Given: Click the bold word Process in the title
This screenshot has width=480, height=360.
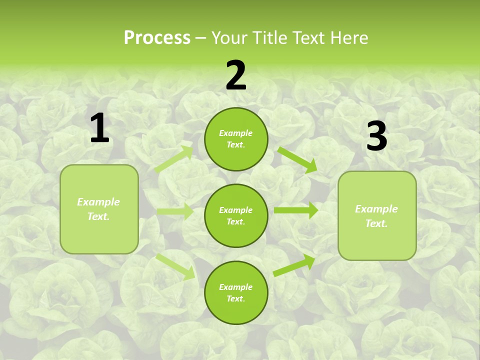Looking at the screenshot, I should pos(157,37).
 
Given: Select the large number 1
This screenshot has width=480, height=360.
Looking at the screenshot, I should pos(99,128).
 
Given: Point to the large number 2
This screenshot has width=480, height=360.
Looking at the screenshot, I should pos(236,75).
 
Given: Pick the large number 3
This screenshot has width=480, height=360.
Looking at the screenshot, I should pos(376,136).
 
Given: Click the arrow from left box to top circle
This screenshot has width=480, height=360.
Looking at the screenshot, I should pos(174,159).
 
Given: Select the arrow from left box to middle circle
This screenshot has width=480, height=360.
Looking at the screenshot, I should pos(175,211).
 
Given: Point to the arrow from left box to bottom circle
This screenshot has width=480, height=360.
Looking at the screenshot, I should pos(175,265).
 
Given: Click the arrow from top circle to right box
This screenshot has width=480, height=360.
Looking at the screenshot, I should pos(297,159).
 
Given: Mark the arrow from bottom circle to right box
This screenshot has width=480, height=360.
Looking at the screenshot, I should pos(294,265).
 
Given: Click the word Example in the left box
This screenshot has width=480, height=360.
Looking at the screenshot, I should pos(98,202).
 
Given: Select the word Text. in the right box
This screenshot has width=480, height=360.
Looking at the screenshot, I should pos(376,223).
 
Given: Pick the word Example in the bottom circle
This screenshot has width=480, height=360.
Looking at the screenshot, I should pos(236,287).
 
